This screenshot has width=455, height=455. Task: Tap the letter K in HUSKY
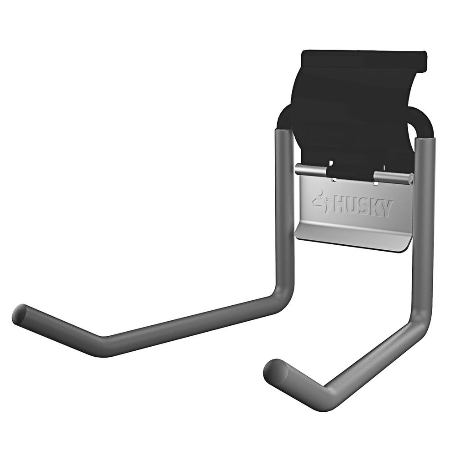(x=374, y=208)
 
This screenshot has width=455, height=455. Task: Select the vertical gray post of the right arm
(x=424, y=227)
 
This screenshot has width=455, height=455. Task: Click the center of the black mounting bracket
(x=359, y=114)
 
